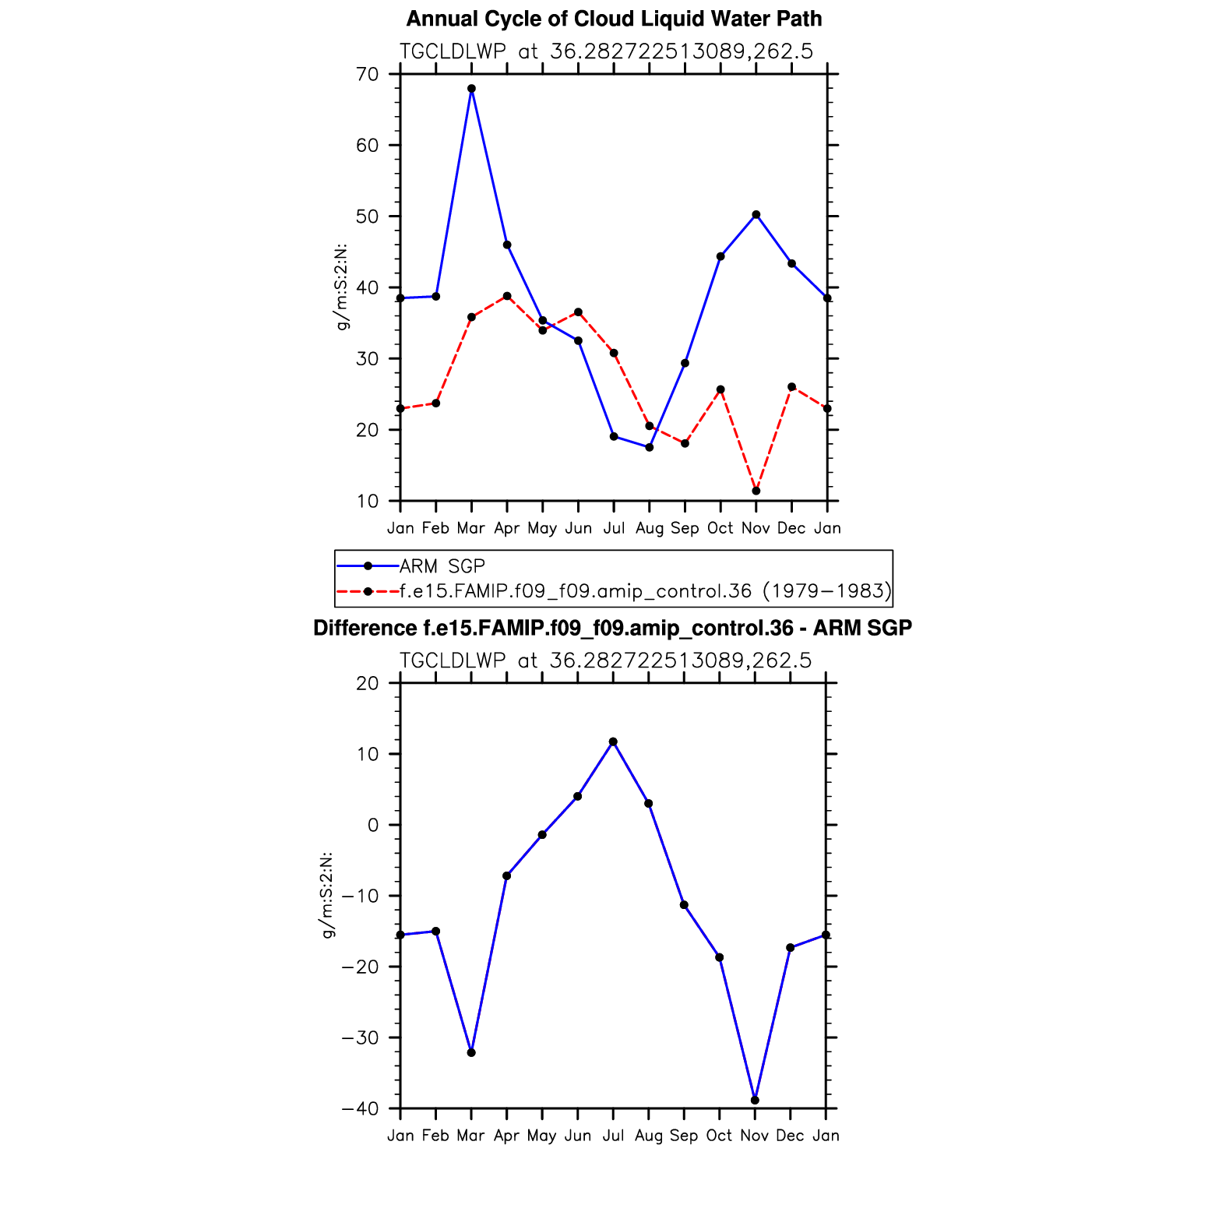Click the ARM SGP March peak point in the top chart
(471, 89)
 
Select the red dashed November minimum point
(756, 491)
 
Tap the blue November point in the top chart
(756, 215)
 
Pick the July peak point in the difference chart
(613, 742)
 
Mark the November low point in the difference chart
(755, 1100)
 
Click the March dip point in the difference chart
(471, 1052)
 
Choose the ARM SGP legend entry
(442, 566)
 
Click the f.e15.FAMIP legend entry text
(645, 591)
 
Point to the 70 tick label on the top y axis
(368, 75)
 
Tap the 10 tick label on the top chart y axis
(368, 502)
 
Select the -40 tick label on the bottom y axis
(360, 1108)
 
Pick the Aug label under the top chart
(650, 528)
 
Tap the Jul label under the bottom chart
(613, 1136)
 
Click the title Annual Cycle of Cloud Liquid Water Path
(614, 19)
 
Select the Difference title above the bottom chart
(612, 628)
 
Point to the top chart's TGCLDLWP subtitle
(606, 51)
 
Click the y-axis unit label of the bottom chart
(328, 895)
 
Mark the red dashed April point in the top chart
(507, 296)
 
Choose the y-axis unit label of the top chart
(341, 287)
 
